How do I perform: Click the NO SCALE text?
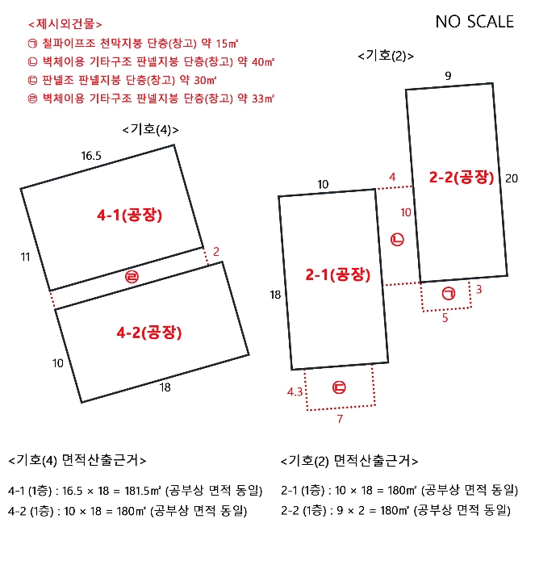click(474, 22)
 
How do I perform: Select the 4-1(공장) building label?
click(130, 215)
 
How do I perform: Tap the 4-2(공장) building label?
click(151, 332)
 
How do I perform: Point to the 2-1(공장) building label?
click(337, 275)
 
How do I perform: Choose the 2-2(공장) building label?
click(461, 178)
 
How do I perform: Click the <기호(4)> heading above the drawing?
click(150, 129)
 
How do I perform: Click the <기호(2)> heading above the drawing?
click(386, 56)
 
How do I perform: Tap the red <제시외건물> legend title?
click(65, 25)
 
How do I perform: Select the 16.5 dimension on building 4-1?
click(91, 156)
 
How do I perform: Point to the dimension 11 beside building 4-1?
click(25, 257)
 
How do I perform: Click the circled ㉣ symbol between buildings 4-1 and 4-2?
click(132, 278)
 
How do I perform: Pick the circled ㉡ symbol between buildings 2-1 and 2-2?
click(397, 240)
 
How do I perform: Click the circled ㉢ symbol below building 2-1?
click(339, 387)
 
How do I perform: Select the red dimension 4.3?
click(295, 391)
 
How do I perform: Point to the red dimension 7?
click(340, 420)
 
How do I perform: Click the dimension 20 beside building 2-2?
click(511, 178)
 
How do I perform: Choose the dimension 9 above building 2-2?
click(448, 76)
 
